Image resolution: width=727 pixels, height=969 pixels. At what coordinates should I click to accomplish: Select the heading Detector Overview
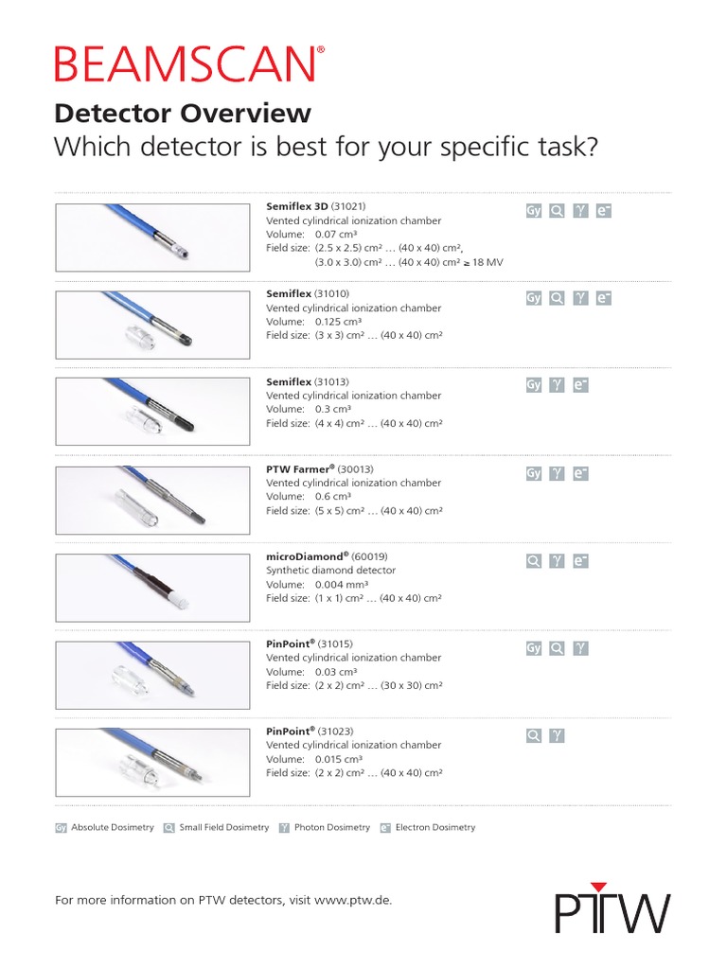183,114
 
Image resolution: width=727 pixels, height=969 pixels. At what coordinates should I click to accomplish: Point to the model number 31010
332,294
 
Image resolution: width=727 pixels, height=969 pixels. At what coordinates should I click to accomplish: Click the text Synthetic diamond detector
330,571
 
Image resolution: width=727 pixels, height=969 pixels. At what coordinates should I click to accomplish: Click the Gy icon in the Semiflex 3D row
534,211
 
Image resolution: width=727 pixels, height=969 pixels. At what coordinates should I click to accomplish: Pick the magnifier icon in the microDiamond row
534,561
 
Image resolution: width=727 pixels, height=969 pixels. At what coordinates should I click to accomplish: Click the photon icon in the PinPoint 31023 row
558,735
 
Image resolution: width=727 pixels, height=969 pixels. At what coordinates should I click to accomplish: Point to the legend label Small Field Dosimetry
223,827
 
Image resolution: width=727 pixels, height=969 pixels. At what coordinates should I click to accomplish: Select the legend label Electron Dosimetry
435,827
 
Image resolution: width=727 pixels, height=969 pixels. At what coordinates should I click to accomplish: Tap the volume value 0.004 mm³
338,585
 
